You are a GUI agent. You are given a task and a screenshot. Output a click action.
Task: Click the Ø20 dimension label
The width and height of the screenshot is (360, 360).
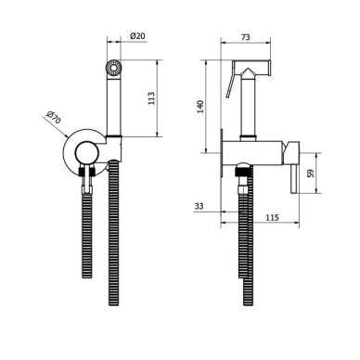tap(137, 36)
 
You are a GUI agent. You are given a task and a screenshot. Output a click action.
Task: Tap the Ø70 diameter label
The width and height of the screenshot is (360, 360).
tap(54, 117)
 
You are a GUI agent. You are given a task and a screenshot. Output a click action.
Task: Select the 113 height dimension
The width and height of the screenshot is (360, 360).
tap(151, 98)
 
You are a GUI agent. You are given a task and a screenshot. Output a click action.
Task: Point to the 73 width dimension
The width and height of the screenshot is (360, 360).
tap(245, 37)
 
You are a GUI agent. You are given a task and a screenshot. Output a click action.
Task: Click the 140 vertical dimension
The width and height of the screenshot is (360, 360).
tap(201, 107)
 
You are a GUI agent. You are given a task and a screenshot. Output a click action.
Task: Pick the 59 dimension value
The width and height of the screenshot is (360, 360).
tap(311, 173)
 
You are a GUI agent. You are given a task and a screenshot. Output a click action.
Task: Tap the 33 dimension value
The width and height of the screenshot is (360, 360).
tap(199, 206)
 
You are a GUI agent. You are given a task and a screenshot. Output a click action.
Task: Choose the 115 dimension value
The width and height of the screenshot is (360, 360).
tap(272, 218)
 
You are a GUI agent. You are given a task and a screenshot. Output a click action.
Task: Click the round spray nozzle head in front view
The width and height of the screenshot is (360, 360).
tap(113, 68)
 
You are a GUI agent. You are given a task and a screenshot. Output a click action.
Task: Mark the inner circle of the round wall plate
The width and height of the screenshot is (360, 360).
tap(87, 153)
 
